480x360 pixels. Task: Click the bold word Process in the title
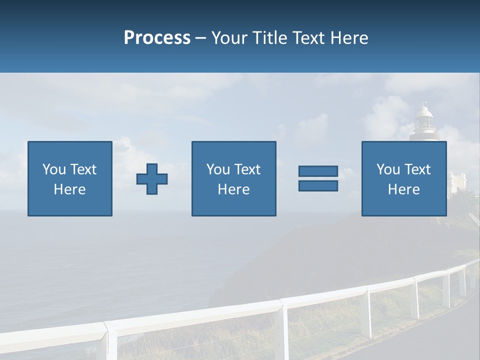tap(157, 38)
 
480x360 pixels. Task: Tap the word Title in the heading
tap(268, 38)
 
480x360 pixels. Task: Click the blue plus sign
tap(152, 179)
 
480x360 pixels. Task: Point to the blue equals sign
tap(318, 178)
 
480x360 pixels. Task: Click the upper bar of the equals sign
tap(318, 171)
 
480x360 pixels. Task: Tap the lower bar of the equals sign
tap(318, 185)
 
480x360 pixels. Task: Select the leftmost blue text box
tap(70, 178)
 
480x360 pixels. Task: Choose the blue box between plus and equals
tap(233, 178)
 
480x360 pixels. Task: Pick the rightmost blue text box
tap(403, 178)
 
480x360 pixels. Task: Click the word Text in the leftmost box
tap(83, 169)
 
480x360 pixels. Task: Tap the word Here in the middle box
tap(233, 189)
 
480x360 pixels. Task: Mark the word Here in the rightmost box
tap(403, 189)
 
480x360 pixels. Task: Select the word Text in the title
tap(308, 38)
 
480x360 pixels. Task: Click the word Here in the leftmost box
tap(70, 189)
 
